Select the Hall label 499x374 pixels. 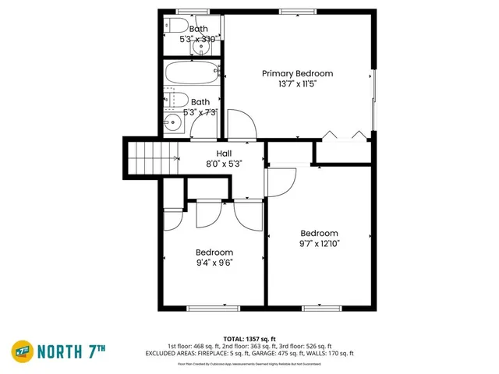(x=223, y=153)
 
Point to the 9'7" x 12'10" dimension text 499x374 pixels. (x=320, y=243)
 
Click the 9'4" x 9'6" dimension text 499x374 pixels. (x=214, y=263)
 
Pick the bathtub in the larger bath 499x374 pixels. (x=193, y=76)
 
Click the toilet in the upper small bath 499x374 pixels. (x=171, y=25)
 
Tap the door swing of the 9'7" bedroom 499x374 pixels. (x=279, y=183)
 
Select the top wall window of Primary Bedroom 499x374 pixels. (x=292, y=11)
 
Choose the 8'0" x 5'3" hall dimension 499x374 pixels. (x=223, y=164)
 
